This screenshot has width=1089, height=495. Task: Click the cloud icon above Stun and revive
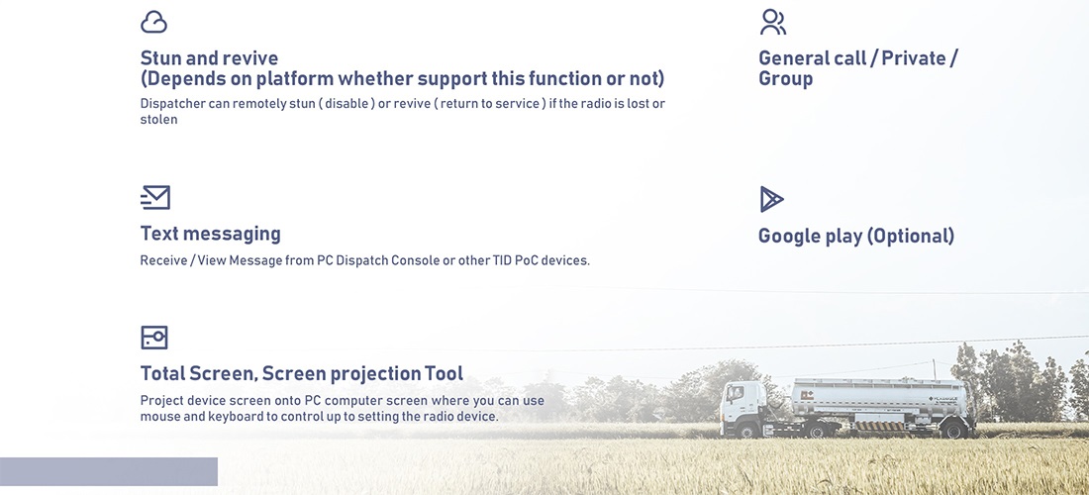coord(153,22)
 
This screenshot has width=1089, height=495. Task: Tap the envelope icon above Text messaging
coord(154,198)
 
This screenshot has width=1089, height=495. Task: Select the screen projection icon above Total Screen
coord(154,338)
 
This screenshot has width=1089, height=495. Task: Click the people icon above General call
coord(773,22)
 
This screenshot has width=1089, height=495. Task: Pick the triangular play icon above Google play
coord(770,199)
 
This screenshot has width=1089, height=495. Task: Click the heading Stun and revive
coord(209,58)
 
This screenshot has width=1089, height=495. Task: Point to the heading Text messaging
coord(211,234)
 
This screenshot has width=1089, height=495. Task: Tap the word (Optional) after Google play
coord(911,236)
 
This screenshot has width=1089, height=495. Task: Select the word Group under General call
coord(785,79)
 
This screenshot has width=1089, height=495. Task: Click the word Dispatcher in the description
coord(172,104)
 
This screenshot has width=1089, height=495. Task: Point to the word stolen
coord(159,120)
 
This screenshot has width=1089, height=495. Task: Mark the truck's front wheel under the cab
coord(746,430)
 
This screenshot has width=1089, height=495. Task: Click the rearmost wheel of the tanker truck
coord(952,430)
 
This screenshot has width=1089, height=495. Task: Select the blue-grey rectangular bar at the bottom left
coord(108,471)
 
